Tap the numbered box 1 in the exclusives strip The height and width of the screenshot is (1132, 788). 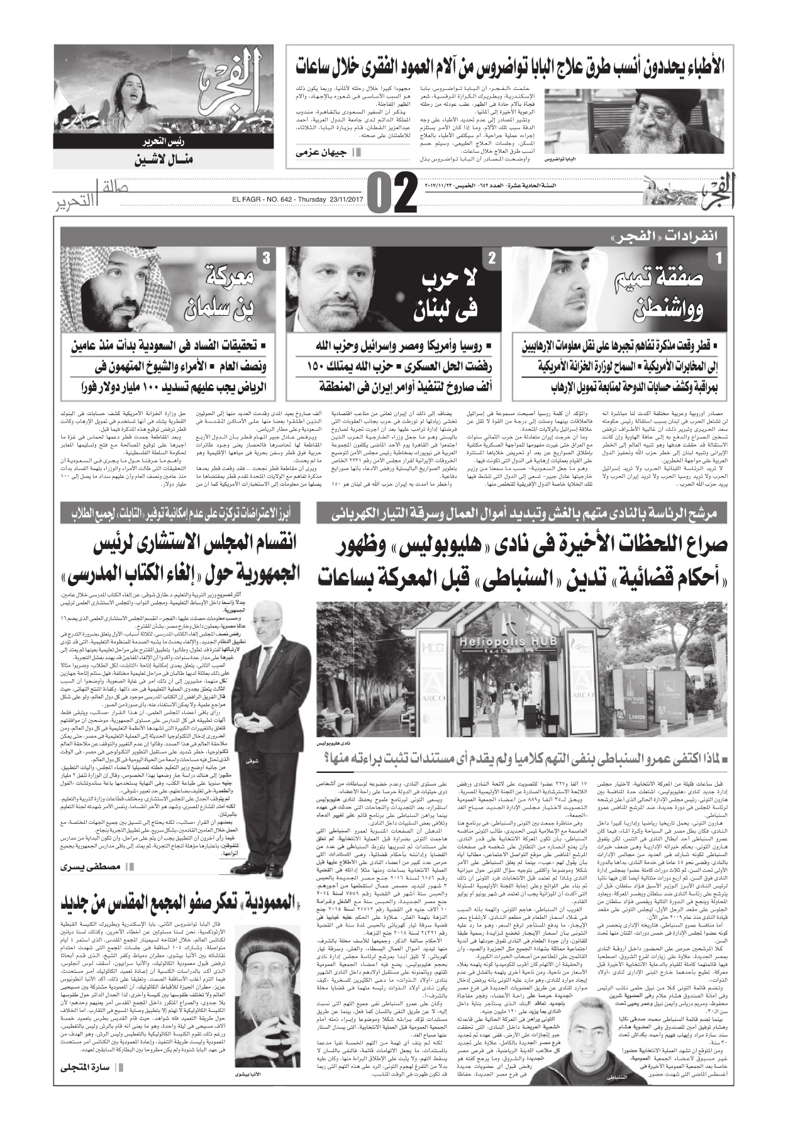[x=718, y=257]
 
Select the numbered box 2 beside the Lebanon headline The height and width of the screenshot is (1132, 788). [x=491, y=257]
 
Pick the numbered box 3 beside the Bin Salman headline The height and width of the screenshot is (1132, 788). [x=267, y=257]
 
